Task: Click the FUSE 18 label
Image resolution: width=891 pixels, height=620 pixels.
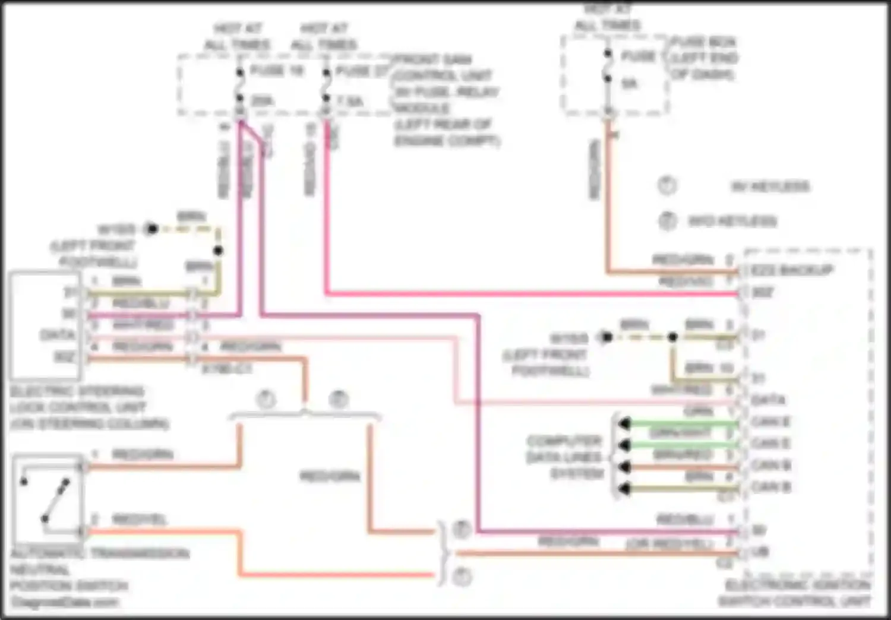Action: [276, 71]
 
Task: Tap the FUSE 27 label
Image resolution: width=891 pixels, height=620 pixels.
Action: [362, 71]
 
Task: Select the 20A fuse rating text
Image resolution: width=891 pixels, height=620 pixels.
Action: [262, 101]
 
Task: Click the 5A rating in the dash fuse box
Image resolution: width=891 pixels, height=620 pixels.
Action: [630, 84]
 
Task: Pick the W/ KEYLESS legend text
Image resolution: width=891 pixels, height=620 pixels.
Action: [770, 186]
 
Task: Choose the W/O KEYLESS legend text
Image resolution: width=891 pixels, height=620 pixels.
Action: [732, 222]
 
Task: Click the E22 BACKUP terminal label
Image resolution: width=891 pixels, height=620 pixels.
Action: [792, 271]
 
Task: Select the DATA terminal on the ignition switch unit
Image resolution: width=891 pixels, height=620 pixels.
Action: [768, 400]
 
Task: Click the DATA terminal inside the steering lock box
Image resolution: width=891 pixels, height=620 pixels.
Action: [57, 335]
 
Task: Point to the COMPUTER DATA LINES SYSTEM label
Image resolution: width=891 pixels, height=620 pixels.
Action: [564, 457]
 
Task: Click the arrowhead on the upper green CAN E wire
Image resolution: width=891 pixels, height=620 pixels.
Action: [624, 423]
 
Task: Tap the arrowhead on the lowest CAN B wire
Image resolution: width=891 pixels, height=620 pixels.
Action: [624, 489]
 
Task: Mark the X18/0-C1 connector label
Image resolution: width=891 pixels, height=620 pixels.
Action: [226, 369]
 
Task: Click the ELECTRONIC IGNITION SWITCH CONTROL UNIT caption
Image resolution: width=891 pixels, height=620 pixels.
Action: [796, 593]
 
